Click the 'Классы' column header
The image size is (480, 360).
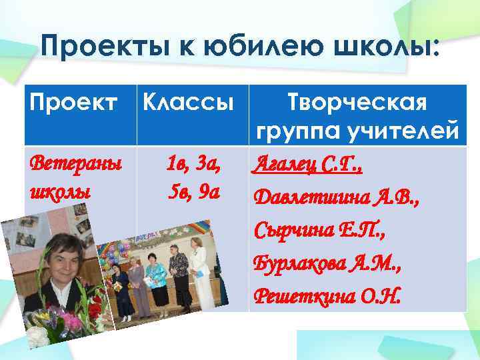(x=189, y=104)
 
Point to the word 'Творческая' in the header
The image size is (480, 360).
(x=356, y=103)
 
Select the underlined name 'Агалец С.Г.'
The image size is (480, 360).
(x=306, y=165)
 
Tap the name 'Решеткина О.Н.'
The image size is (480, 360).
(x=327, y=294)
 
